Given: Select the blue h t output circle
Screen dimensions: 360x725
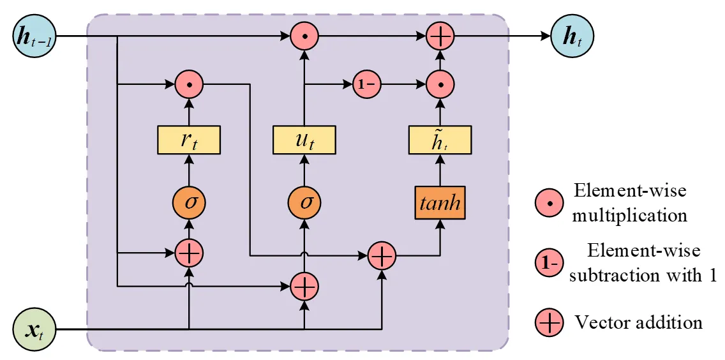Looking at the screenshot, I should (x=571, y=36).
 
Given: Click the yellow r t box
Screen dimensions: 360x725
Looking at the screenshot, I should (x=189, y=140).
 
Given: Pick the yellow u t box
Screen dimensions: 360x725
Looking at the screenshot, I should (x=304, y=140).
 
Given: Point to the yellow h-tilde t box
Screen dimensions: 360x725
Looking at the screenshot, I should (x=440, y=140).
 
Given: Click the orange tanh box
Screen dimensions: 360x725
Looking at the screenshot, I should (x=440, y=204).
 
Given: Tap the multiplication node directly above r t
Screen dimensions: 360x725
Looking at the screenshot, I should (x=189, y=84).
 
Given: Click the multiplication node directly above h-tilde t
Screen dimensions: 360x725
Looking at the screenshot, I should (x=440, y=84).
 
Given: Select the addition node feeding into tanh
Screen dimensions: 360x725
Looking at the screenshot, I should (x=382, y=257).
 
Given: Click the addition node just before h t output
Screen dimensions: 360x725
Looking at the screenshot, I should (x=440, y=36).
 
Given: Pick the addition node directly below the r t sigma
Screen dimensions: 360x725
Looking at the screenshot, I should (x=189, y=253).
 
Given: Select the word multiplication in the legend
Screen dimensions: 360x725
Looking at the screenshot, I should (x=629, y=215).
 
